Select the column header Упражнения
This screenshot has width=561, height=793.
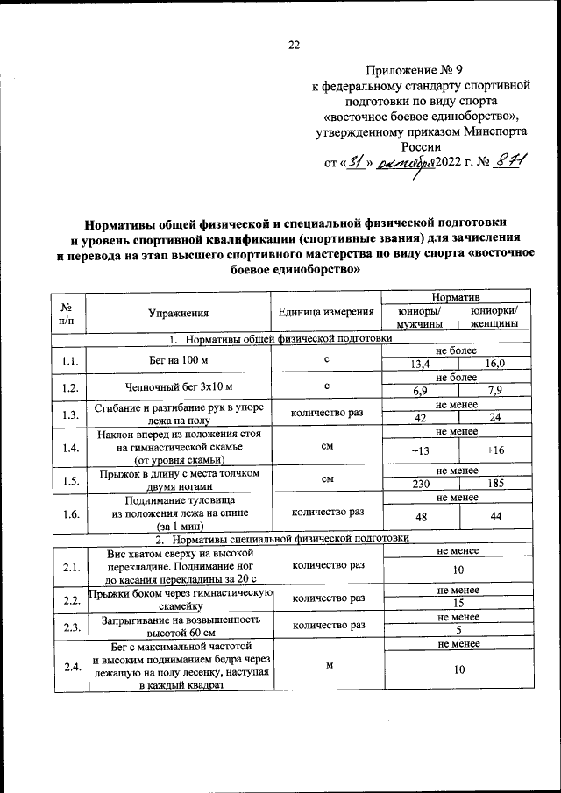click(179, 312)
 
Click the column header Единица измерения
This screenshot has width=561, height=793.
click(327, 312)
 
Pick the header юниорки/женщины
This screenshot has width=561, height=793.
click(494, 317)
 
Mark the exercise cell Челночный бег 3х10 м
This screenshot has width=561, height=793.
click(179, 385)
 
